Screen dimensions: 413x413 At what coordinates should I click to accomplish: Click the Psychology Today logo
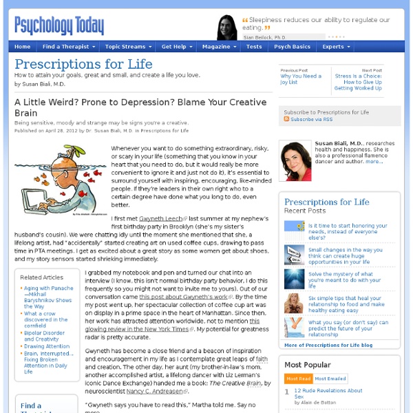coord(59,25)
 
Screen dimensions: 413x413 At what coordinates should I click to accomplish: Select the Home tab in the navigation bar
coord(22,47)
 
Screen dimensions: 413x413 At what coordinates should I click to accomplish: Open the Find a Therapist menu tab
coord(66,47)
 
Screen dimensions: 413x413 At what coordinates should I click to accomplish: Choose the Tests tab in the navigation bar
coord(254,47)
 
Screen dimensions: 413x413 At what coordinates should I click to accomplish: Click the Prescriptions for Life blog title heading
coord(83,65)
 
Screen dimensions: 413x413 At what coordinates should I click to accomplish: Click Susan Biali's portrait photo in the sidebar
coord(294,165)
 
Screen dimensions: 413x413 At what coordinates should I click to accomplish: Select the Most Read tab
coord(298,378)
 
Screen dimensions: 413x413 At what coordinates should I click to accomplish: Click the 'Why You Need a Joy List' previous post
coord(300,79)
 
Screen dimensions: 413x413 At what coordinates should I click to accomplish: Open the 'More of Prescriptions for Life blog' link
coord(328,344)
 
